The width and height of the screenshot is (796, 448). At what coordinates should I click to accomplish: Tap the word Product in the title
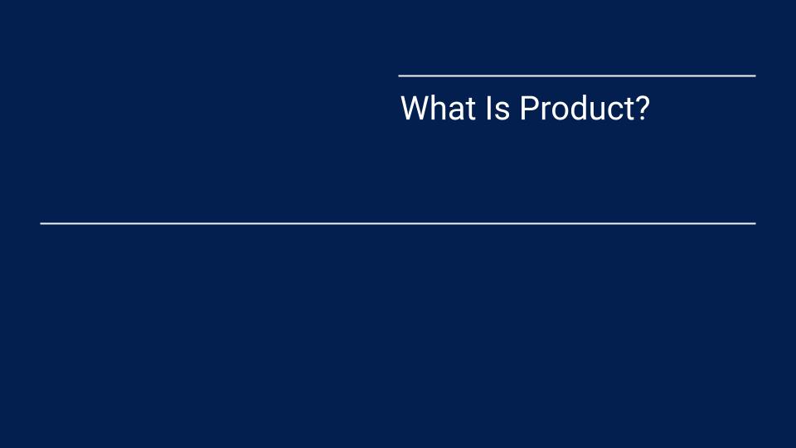(x=575, y=109)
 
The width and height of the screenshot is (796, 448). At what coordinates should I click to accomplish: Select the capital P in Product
(x=528, y=109)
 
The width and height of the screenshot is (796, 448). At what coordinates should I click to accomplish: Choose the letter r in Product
(x=544, y=111)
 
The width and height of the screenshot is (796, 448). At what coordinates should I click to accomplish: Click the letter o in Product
(x=559, y=111)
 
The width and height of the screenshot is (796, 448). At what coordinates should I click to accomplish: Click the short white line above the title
(x=577, y=75)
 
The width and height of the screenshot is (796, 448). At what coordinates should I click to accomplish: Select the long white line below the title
(x=398, y=223)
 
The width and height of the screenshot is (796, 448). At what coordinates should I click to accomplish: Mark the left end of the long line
(x=41, y=223)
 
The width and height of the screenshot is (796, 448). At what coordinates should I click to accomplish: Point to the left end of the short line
(x=400, y=75)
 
